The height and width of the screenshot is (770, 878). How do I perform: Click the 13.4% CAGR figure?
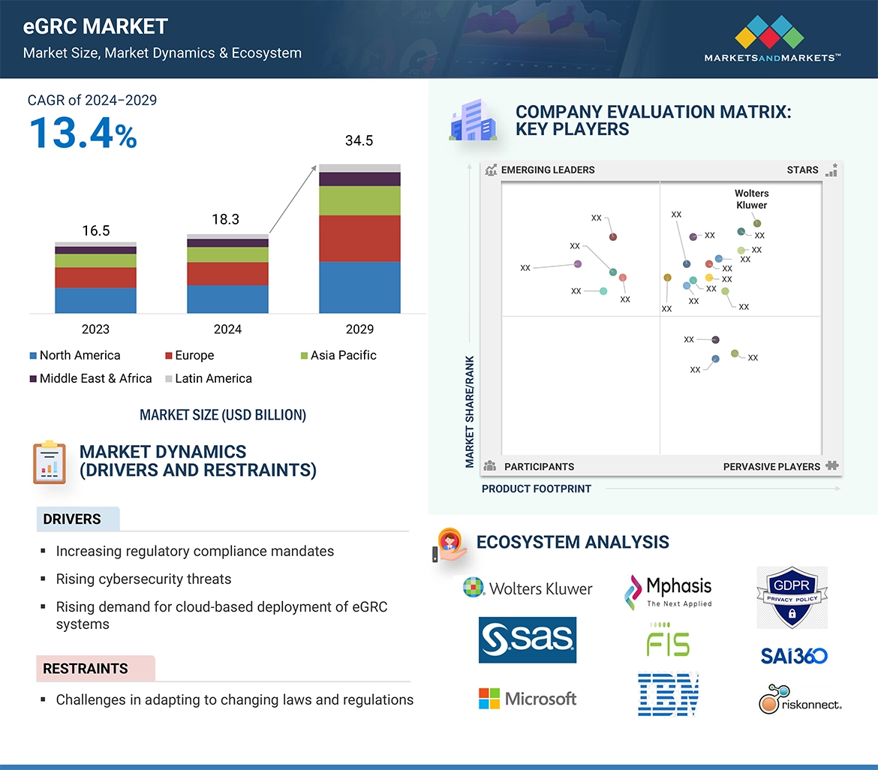click(x=83, y=133)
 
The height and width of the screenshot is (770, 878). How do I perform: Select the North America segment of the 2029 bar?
click(x=359, y=287)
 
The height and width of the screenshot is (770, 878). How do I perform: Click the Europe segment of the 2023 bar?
click(x=95, y=278)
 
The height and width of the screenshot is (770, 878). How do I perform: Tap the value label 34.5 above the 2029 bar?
click(x=359, y=141)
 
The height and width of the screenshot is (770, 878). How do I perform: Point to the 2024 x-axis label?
click(x=227, y=329)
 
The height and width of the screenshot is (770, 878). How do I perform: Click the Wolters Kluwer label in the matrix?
click(x=751, y=199)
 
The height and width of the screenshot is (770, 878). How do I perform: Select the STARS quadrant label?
click(x=802, y=170)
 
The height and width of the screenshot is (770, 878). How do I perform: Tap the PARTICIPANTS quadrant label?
click(x=538, y=467)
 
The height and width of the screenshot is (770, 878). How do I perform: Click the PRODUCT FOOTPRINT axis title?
click(x=537, y=489)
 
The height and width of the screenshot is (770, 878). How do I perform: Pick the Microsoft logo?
click(x=528, y=699)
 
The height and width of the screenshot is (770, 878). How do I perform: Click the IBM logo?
click(x=668, y=693)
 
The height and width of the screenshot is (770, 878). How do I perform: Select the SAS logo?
click(x=528, y=640)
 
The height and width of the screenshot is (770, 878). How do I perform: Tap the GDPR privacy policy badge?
click(x=792, y=597)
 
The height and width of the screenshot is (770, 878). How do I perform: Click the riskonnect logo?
click(x=800, y=699)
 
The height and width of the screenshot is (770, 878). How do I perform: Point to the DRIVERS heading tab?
click(x=72, y=519)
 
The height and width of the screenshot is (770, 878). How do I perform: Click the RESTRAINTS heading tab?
click(x=86, y=669)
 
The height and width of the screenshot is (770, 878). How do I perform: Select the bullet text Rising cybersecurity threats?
click(x=143, y=579)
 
